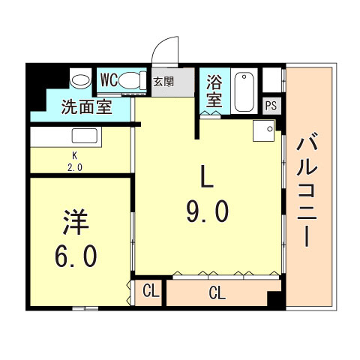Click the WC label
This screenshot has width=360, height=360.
[109, 80]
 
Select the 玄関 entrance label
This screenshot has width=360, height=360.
[163, 82]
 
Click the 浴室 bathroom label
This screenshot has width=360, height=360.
[214, 91]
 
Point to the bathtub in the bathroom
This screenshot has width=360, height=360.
[244, 91]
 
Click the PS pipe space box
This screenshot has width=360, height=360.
[271, 106]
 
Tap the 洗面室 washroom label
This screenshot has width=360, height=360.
[86, 107]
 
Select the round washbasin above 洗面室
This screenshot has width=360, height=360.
[80, 80]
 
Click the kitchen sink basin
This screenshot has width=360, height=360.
[85, 136]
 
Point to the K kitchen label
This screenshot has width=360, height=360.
[74, 156]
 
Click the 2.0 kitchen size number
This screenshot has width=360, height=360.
[75, 167]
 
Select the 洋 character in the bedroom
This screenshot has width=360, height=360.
[76, 222]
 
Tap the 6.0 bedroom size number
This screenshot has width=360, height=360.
[76, 256]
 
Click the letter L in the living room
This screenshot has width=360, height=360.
[207, 177]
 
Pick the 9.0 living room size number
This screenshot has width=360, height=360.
[208, 212]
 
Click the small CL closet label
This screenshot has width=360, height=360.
[151, 291]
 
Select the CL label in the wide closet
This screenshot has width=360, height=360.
[217, 293]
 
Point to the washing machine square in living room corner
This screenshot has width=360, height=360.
[264, 130]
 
